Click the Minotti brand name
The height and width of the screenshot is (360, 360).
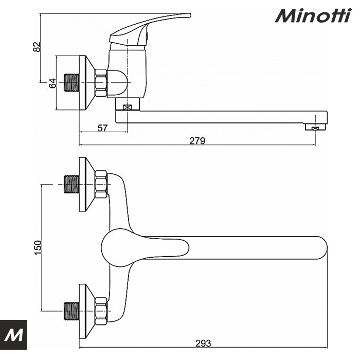pos(313,15)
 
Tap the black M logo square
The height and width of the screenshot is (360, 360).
pos(13,334)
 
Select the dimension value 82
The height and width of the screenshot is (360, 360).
pos(37,47)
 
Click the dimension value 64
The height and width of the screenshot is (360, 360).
pos(52,83)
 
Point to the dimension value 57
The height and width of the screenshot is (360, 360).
pos(102,128)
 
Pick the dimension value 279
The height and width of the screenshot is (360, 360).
pos(197,141)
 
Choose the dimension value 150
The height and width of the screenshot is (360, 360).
pos(38,247)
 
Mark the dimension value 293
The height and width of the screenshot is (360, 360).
pos(203,343)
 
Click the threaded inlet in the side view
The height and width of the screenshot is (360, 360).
pos(71,83)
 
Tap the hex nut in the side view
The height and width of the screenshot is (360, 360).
pos(101,83)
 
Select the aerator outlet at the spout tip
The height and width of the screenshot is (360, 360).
pos(316,127)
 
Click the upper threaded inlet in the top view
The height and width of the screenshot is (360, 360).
pos(71,184)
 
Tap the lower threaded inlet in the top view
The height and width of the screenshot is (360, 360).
pos(71,311)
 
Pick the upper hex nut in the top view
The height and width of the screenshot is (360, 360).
pos(101,184)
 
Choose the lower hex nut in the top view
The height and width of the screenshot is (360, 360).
pos(101,311)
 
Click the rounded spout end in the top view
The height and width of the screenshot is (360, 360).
pos(320,248)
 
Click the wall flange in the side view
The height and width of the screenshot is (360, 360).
pos(87,83)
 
